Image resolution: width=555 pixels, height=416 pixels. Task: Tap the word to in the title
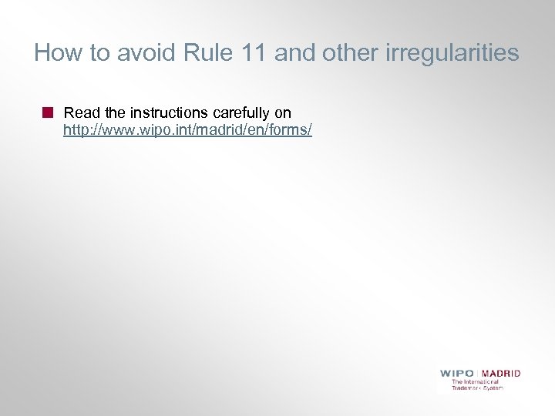[x=99, y=53]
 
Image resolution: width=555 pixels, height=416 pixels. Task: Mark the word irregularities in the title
[x=449, y=53]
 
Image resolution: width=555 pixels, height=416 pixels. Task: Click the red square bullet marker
[x=48, y=112]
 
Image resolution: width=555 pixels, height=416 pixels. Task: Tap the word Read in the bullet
[x=80, y=113]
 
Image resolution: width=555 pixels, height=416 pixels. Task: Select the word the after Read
[x=113, y=113]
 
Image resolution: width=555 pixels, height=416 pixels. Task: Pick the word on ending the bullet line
[x=282, y=113]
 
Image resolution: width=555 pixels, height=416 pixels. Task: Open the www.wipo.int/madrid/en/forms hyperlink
[x=187, y=130]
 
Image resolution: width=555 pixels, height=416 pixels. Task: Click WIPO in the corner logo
[x=457, y=373]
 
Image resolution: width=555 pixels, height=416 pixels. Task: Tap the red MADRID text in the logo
[x=502, y=373]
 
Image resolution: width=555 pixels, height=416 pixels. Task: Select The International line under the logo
[x=475, y=381]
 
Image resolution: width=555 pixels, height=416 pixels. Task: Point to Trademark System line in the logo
[x=477, y=387]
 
